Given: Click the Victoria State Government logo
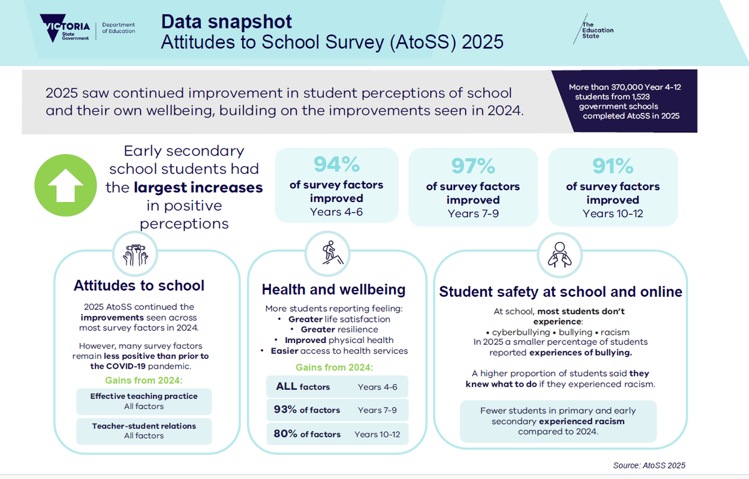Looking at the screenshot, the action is tap(65, 28).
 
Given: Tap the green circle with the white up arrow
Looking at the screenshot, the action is tap(66, 185).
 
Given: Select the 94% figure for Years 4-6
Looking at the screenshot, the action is tap(336, 164).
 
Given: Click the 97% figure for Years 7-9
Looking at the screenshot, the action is tap(473, 166).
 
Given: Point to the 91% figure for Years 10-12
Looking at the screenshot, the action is tap(612, 166).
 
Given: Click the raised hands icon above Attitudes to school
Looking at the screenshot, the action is tap(135, 254).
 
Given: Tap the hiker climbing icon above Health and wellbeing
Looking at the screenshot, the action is tap(332, 253).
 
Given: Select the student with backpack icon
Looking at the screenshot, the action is tap(559, 255).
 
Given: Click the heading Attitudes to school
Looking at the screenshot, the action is tap(139, 286).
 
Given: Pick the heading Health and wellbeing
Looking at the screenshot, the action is tap(333, 289).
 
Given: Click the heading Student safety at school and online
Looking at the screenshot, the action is tap(561, 292).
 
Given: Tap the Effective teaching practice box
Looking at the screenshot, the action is tap(144, 401).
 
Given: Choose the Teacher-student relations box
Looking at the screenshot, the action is tap(144, 431).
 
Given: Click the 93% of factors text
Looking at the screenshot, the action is tap(306, 410).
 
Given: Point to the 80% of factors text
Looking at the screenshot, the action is tap(307, 434).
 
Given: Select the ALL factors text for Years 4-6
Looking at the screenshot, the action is tap(303, 387).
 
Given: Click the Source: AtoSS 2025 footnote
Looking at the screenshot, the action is tap(649, 465).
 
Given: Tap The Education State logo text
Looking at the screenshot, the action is tap(597, 30).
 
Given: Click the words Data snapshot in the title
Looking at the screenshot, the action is tap(227, 22).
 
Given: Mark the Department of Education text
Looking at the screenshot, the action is tap(119, 28).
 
